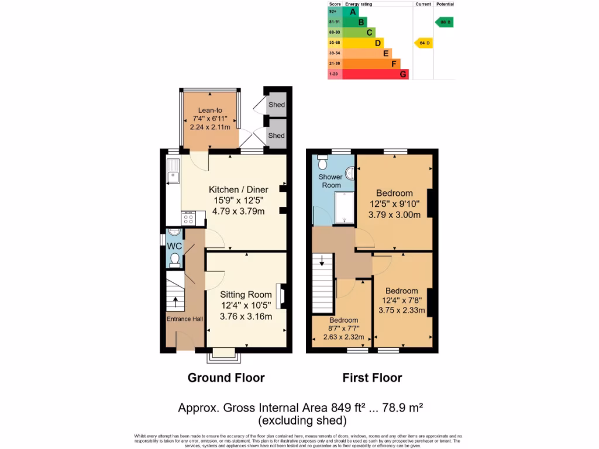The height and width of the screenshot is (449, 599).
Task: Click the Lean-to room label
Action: click(x=209, y=110)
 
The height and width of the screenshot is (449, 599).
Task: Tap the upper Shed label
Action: click(x=276, y=105)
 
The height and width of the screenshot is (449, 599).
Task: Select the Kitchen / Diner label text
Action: click(x=239, y=190)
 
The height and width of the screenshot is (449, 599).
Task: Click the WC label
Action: click(x=174, y=246)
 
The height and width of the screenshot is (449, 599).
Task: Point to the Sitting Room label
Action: click(x=246, y=295)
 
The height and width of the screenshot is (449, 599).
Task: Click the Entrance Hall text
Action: click(x=185, y=319)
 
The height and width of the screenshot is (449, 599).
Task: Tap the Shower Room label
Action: click(x=330, y=181)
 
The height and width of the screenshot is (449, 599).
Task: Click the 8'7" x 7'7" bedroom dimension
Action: click(x=343, y=329)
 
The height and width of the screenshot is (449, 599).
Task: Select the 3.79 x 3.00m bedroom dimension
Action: click(x=394, y=215)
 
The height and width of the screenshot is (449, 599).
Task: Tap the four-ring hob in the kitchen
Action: click(x=189, y=219)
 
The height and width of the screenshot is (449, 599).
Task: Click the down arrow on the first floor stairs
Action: click(x=321, y=261)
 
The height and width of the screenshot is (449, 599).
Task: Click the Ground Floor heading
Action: click(x=226, y=378)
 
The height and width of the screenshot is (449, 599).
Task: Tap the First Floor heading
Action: click(x=372, y=378)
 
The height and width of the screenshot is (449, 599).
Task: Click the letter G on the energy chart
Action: click(x=403, y=74)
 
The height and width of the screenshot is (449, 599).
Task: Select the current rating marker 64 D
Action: click(x=424, y=43)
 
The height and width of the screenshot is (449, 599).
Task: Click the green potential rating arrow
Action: click(x=444, y=22)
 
